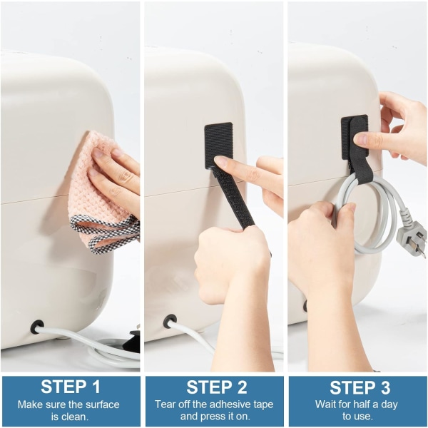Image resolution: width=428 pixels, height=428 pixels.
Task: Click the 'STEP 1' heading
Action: pyautogui.click(x=71, y=387)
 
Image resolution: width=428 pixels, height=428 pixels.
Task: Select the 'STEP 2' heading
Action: pyautogui.click(x=216, y=387)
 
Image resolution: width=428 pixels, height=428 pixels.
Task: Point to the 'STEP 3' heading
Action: pyautogui.click(x=360, y=387)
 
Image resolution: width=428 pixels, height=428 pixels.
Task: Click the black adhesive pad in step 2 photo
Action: pyautogui.click(x=219, y=146)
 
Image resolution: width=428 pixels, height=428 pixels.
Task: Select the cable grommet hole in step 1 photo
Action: pyautogui.click(x=37, y=327)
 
